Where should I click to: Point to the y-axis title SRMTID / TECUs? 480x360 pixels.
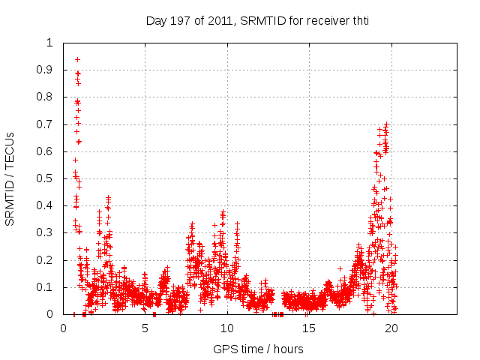(10, 178)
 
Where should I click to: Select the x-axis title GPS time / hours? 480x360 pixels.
(258, 349)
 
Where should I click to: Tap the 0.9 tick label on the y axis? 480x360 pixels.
(46, 70)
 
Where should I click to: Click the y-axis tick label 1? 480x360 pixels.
(50, 43)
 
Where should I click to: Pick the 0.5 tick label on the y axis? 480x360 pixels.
(46, 178)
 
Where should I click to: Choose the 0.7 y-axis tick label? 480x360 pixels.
(46, 124)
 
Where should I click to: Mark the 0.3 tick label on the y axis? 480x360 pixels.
(46, 232)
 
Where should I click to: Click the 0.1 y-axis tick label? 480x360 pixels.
(46, 287)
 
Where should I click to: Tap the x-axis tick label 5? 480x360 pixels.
(145, 328)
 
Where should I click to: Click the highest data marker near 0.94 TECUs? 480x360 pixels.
(77, 59)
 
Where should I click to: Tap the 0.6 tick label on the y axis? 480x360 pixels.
(46, 151)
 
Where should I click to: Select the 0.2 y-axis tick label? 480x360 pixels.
(46, 260)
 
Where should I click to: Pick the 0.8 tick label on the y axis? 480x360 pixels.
(46, 97)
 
